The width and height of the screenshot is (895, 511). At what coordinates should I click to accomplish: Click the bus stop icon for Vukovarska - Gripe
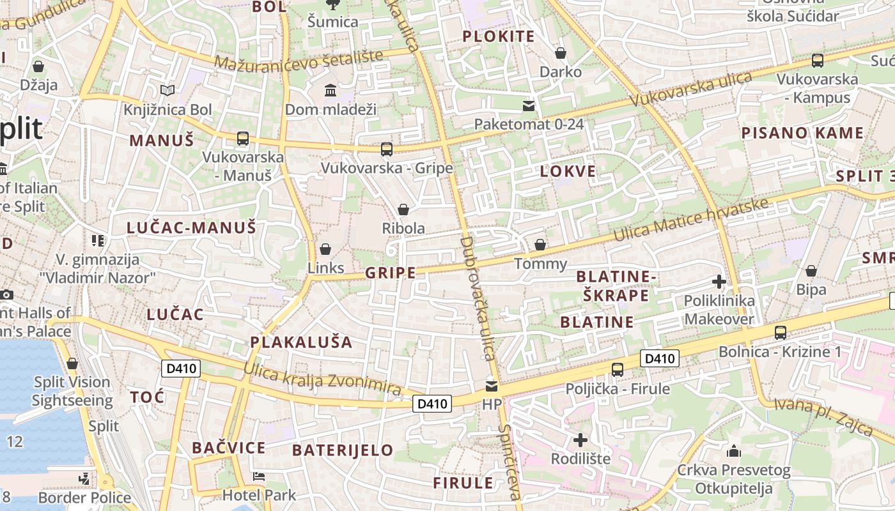[386, 149]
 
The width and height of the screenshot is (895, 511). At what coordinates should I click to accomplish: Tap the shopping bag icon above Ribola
[403, 210]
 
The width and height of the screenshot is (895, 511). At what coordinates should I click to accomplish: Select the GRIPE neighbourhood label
[390, 273]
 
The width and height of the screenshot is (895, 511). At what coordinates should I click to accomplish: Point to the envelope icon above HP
[491, 386]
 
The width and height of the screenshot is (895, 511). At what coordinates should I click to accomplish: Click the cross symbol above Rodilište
[580, 439]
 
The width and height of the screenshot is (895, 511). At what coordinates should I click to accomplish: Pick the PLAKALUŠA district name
[301, 342]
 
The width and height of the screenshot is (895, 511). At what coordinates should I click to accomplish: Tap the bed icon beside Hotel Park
[259, 477]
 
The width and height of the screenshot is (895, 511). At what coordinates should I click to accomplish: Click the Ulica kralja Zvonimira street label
[322, 379]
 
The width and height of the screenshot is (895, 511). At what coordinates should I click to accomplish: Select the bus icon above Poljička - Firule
[617, 369]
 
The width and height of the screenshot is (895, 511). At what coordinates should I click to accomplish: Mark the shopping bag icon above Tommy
[540, 245]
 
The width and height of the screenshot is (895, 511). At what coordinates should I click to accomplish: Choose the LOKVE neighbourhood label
[568, 171]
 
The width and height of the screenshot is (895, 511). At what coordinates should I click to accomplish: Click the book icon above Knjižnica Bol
[167, 91]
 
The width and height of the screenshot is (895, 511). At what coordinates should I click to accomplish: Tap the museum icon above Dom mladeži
[331, 90]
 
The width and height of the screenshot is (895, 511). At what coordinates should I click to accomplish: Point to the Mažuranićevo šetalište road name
[299, 61]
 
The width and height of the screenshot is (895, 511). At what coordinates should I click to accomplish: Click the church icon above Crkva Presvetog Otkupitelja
[734, 451]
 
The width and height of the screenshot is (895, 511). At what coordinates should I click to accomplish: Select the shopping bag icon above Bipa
[811, 271]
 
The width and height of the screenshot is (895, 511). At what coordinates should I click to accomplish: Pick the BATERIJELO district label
[343, 450]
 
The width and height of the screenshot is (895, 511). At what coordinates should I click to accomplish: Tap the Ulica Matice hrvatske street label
[690, 221]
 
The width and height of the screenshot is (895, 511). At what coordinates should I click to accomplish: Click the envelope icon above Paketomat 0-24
[529, 105]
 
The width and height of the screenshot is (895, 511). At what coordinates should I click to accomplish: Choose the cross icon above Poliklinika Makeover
[719, 281]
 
